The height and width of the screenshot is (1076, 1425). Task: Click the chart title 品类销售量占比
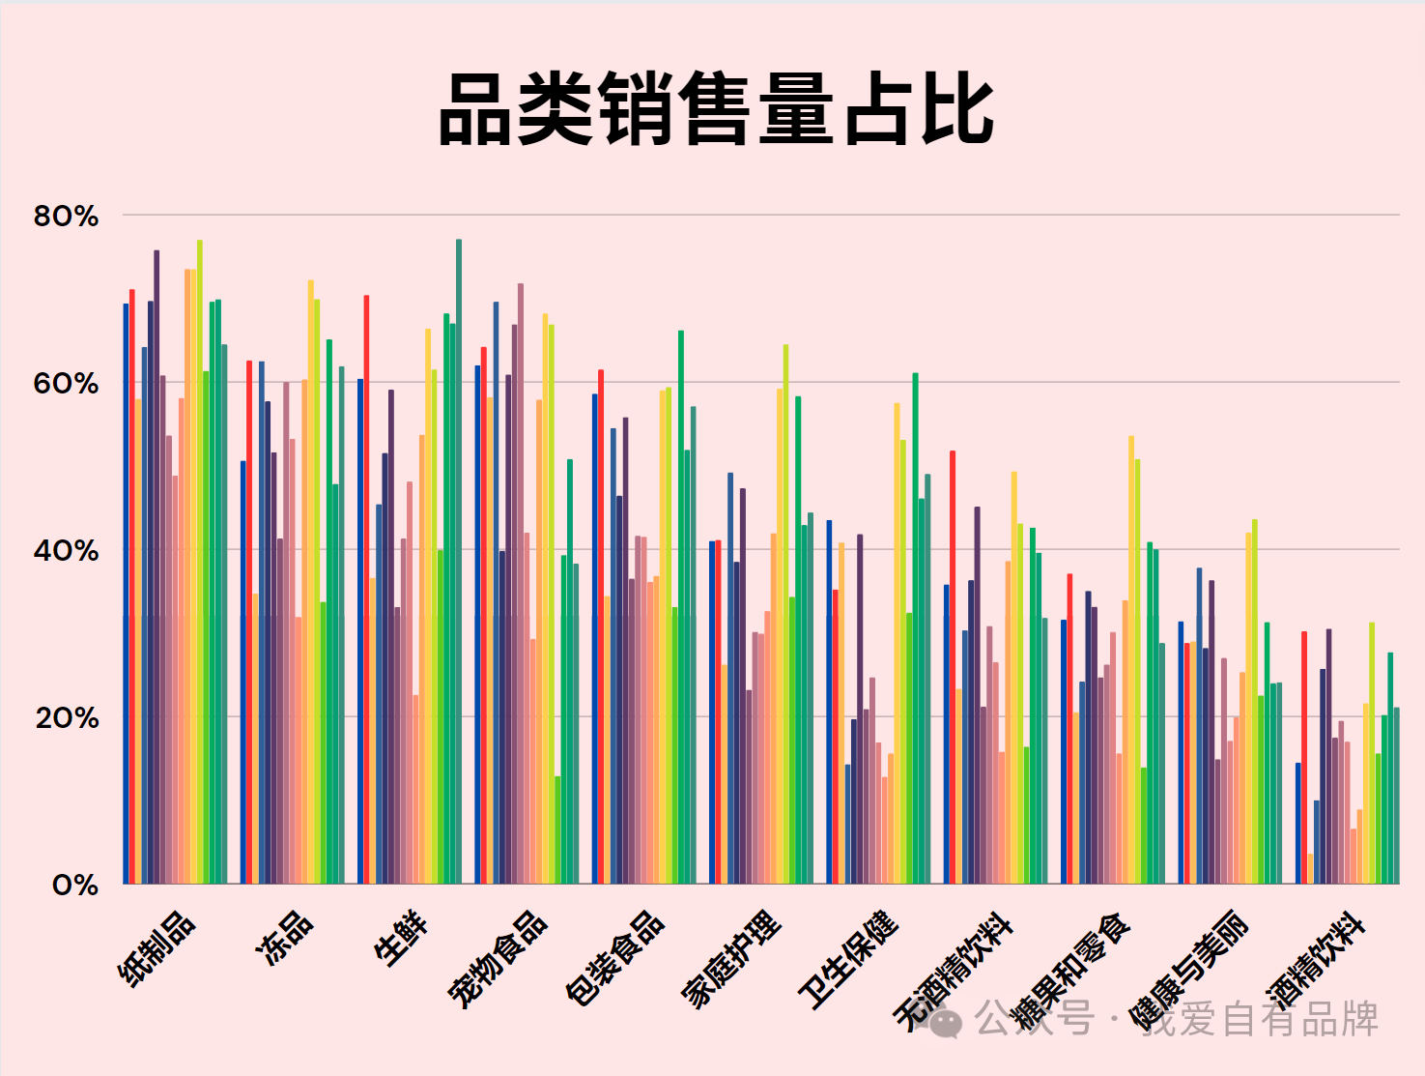716,110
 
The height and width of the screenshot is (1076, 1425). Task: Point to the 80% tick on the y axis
66,216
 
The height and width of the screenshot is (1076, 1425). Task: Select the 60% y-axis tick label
66,383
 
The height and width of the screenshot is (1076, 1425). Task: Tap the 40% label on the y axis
66,551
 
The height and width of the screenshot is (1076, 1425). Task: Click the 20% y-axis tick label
66,718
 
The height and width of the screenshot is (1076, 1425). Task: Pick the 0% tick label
74,885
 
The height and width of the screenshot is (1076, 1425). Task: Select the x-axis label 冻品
284,938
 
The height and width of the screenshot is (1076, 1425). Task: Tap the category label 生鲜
401,938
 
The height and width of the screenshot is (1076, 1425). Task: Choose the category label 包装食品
614,958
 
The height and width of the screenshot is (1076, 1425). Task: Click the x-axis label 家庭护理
731,959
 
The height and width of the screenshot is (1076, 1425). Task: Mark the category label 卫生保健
848,959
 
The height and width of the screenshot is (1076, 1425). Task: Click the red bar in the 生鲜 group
366,590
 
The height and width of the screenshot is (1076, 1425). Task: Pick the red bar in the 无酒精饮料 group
953,667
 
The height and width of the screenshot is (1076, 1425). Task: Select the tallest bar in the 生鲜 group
459,561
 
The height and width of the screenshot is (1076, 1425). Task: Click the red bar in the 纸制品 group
132,586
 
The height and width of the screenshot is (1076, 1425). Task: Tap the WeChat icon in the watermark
946,1021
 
